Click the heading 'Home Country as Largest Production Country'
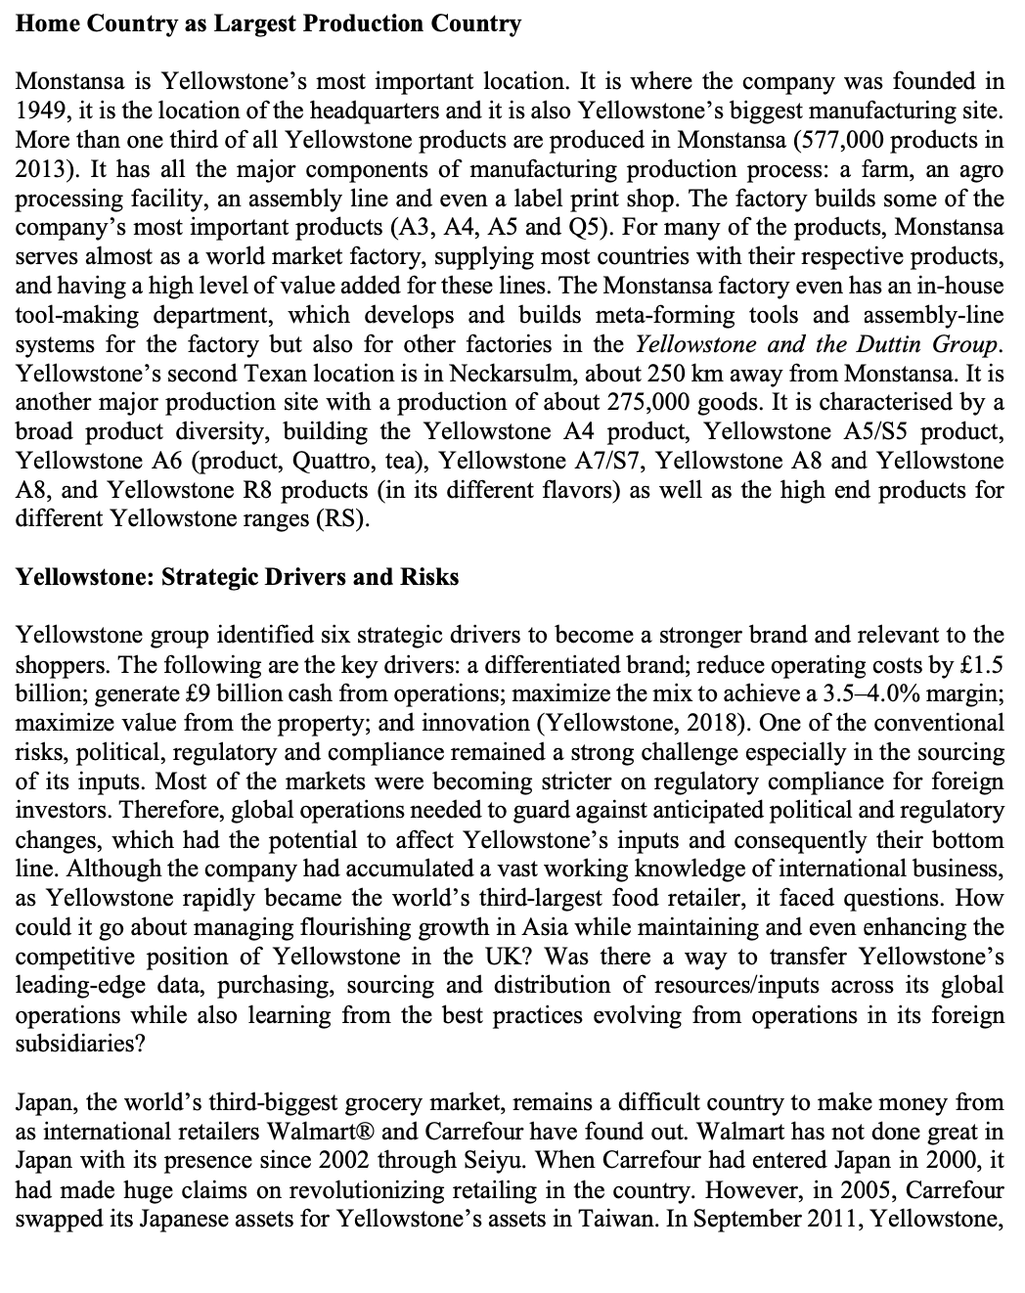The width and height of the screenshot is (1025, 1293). pos(269,23)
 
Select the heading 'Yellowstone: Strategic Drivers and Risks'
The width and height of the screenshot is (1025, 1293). pos(238,577)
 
